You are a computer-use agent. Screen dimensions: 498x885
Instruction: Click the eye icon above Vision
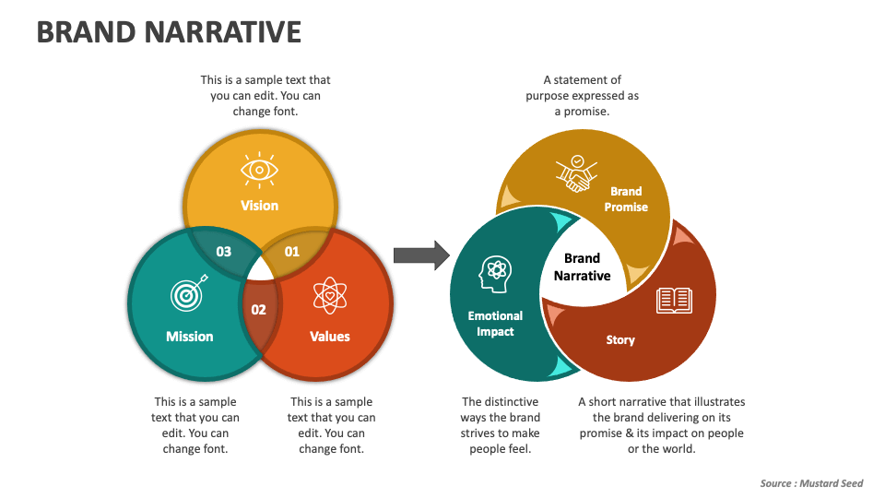[259, 170]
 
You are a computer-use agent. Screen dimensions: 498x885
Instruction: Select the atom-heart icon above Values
[329, 295]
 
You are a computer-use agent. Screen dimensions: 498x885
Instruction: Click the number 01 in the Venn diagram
[291, 251]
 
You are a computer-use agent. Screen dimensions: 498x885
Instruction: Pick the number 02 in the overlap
[259, 310]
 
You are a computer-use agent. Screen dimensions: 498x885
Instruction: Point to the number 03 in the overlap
[223, 251]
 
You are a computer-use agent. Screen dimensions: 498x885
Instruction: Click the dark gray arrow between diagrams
[420, 255]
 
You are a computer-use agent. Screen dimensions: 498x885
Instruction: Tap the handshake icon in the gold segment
[577, 174]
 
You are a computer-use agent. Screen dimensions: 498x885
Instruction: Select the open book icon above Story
[674, 300]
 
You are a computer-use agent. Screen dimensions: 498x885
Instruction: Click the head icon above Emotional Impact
[494, 274]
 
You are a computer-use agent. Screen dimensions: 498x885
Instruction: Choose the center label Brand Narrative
[582, 267]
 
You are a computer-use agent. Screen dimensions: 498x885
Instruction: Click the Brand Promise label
[626, 199]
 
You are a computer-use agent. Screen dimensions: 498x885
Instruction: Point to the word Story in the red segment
[620, 340]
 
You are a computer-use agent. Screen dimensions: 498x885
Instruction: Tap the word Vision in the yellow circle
[259, 206]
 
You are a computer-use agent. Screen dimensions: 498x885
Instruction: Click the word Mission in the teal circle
[189, 337]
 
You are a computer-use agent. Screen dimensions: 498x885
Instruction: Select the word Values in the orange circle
[329, 337]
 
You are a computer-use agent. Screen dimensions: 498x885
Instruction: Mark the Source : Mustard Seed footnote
[811, 483]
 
